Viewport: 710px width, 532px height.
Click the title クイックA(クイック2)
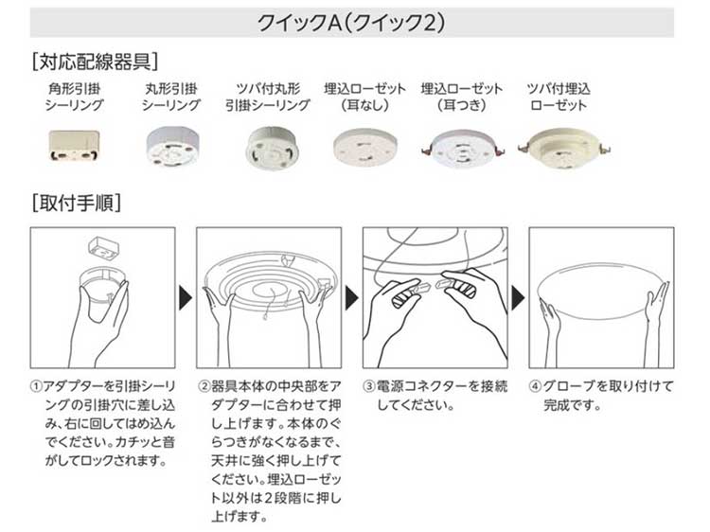click(351, 23)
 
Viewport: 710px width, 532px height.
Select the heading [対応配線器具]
click(95, 62)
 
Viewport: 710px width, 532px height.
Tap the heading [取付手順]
click(77, 203)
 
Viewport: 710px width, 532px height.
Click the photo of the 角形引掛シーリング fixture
click(74, 146)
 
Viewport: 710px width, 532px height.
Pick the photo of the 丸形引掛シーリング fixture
click(171, 147)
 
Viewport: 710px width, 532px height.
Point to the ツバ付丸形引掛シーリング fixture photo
click(269, 147)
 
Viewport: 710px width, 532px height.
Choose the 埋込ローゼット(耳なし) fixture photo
click(365, 148)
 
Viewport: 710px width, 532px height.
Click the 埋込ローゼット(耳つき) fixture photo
click(461, 149)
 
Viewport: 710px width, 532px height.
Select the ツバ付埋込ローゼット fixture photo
click(564, 149)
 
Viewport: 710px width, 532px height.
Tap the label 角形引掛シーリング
click(74, 97)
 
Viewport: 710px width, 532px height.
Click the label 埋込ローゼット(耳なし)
click(365, 97)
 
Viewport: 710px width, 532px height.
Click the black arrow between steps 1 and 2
click(186, 297)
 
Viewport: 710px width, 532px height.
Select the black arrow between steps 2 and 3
click(352, 297)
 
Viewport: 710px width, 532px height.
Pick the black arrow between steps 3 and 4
click(518, 297)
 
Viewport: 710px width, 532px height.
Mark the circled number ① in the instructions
click(36, 386)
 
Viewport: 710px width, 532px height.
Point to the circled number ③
click(369, 386)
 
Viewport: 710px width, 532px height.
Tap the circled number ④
click(535, 386)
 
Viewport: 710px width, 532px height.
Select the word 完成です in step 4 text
click(573, 405)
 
